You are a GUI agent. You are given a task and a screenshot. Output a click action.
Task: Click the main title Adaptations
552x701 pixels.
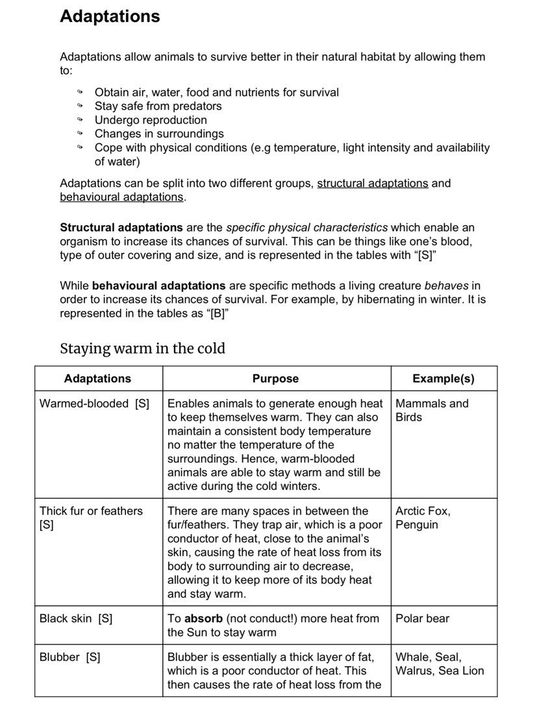pos(110,16)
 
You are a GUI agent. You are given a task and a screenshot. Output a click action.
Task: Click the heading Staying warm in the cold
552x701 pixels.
pos(142,349)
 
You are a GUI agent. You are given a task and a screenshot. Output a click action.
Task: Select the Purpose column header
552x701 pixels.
pos(275,378)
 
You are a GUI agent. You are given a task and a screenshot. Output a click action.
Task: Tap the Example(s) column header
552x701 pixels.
pos(444,378)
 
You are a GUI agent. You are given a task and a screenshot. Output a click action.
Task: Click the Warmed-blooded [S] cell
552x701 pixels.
pos(94,403)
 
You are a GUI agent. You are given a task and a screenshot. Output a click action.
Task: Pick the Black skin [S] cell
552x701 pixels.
pos(76,619)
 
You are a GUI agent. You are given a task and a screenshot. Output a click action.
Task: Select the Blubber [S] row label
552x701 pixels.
pos(69,657)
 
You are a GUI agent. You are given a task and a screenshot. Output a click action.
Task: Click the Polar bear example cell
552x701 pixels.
pos(422,619)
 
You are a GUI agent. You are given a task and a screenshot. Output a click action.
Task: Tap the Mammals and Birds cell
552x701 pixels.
pos(431,410)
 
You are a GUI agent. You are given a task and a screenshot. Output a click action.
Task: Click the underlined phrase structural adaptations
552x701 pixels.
pos(372,183)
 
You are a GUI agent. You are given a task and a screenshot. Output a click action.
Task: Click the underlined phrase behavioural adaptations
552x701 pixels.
pos(121,197)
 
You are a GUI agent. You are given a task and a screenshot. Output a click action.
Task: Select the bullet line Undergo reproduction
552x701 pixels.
pos(151,120)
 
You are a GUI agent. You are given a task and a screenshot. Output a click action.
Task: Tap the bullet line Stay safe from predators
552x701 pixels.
pos(158,106)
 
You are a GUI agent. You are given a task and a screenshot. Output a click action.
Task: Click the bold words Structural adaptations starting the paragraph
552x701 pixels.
pos(121,228)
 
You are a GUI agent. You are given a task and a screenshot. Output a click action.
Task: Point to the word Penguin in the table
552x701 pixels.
pos(416,524)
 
